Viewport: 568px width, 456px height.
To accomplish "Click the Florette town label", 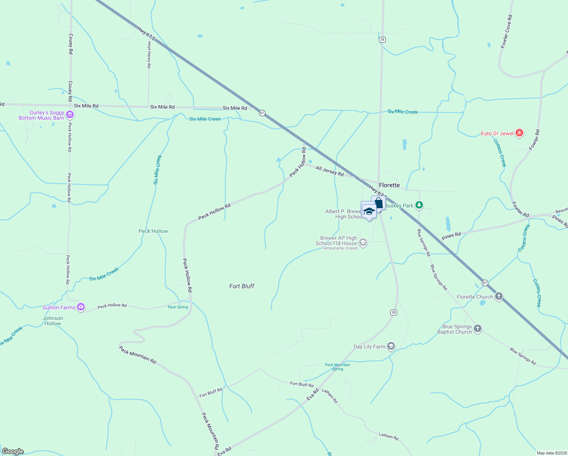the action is (x=389, y=185).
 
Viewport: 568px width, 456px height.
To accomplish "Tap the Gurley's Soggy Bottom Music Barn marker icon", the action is (x=69, y=115).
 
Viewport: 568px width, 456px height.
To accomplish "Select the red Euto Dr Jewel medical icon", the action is (x=519, y=133).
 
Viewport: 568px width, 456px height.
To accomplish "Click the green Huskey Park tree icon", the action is (x=419, y=206).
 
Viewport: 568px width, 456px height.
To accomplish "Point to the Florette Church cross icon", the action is (x=499, y=297).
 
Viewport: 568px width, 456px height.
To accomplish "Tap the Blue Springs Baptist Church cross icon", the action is (x=478, y=329).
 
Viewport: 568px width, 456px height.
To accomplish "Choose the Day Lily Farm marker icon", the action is (x=391, y=347).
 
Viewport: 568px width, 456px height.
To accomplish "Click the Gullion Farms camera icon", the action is (x=80, y=307).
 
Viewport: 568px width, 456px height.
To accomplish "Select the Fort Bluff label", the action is (x=242, y=286).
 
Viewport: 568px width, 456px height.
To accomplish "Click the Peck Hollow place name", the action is (x=153, y=231).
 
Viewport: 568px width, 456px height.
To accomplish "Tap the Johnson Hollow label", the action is (x=53, y=321).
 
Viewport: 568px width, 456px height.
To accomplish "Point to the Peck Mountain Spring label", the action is (x=338, y=367).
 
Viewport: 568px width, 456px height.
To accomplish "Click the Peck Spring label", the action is (x=178, y=307).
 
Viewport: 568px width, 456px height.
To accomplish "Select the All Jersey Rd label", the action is (x=330, y=171).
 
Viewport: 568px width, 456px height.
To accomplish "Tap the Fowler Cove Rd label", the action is (x=506, y=31).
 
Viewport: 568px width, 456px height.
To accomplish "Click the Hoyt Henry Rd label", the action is (x=149, y=55).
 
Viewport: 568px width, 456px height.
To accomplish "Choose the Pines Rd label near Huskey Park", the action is (x=451, y=236).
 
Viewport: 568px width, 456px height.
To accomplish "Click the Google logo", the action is (x=13, y=451).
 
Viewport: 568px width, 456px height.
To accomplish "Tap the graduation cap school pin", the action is (x=369, y=211).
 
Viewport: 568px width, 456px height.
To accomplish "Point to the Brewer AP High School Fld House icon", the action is (x=363, y=242).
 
